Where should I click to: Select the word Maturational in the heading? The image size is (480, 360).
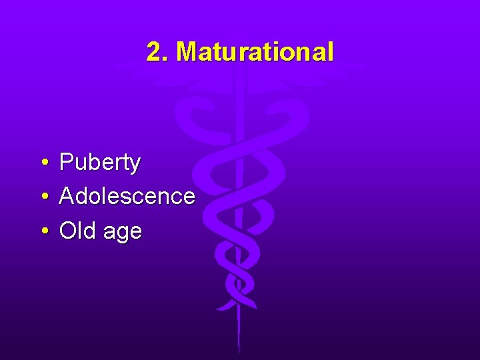click(255, 52)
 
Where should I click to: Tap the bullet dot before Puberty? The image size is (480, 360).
click(43, 162)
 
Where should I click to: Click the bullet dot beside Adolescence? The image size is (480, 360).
click(43, 197)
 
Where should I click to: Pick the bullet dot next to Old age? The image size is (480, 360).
click(43, 231)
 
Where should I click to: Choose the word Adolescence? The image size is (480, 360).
click(127, 197)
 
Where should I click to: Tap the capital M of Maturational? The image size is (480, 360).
click(187, 52)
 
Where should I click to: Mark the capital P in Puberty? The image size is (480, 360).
click(66, 162)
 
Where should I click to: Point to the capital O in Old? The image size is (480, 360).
click(67, 231)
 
